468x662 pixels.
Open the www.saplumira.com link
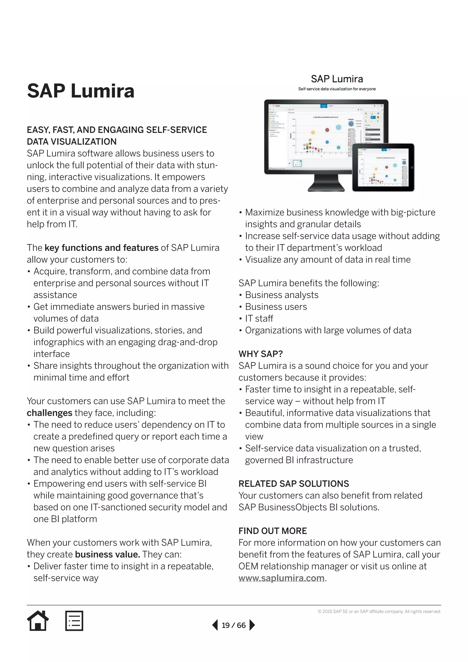tap(281, 578)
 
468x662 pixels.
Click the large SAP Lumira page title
tap(81, 91)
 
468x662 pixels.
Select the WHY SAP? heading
tap(261, 354)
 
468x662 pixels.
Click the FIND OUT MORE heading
tap(273, 531)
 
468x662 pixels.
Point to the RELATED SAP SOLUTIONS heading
tap(294, 483)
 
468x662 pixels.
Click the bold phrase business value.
tap(107, 555)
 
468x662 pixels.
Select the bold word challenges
tap(50, 413)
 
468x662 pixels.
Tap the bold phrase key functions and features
tap(101, 248)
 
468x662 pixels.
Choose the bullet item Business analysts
tap(282, 295)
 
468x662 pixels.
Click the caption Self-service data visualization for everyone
tap(337, 89)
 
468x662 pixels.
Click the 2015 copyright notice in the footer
tap(379, 611)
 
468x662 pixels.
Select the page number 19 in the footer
tap(226, 625)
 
